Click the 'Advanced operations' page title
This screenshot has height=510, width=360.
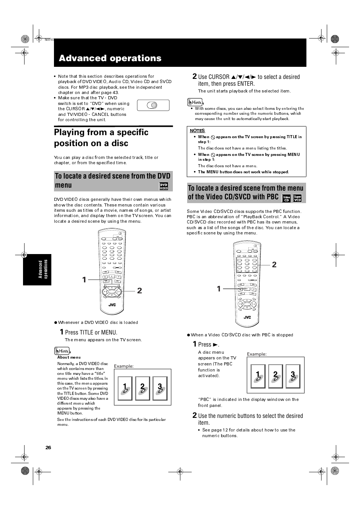coord(110,58)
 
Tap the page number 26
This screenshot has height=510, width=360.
coord(48,448)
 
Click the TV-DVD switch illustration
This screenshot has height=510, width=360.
coord(153,105)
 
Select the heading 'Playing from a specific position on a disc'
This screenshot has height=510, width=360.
coord(101,138)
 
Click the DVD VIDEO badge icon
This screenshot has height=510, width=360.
coord(163,186)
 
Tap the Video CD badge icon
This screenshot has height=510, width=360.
coord(286,198)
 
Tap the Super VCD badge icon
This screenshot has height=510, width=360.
coord(297,198)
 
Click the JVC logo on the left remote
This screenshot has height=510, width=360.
coord(112,305)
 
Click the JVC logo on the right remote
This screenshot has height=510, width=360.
coord(247,317)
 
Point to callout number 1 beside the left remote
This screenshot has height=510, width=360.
coord(84,280)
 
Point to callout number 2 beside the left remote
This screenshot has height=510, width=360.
coord(140,291)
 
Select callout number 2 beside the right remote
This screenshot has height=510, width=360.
coord(274,265)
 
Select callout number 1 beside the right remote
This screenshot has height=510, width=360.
coord(219,289)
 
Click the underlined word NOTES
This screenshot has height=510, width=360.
coord(197,131)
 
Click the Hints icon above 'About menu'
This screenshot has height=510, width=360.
coord(62,351)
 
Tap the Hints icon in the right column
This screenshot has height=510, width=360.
coord(195,102)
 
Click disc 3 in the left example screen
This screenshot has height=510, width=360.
coord(160,388)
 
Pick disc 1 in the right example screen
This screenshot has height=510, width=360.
coord(258,376)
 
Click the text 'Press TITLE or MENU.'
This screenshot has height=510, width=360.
coord(91,332)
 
